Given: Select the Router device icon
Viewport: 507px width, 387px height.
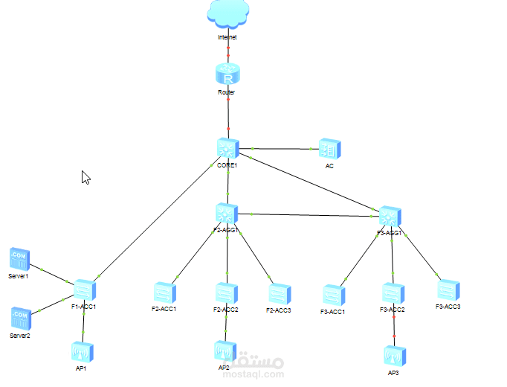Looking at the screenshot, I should (x=227, y=74).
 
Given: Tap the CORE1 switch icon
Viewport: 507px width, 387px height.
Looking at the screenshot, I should (x=227, y=148).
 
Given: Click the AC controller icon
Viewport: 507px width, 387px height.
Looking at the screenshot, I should (x=329, y=149).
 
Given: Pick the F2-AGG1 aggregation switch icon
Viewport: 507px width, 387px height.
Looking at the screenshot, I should (x=227, y=214).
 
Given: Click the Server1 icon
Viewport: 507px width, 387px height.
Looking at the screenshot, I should (x=19, y=259).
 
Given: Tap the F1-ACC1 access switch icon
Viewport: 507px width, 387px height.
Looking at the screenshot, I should (x=84, y=289).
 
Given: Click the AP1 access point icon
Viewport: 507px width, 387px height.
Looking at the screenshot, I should (x=83, y=351).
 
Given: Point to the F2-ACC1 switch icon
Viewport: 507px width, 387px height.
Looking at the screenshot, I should (x=164, y=292).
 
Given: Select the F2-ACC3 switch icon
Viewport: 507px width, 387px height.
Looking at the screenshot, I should (x=279, y=293).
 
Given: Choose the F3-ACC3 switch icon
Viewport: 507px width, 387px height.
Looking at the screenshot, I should (x=448, y=289).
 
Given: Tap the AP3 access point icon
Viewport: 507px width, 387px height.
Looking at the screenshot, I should (x=394, y=355).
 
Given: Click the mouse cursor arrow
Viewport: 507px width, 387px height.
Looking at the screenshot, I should (x=85, y=177).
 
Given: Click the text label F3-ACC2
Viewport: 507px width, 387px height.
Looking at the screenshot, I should (x=392, y=309).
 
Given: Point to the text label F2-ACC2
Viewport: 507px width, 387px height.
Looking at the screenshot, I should (x=226, y=309).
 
